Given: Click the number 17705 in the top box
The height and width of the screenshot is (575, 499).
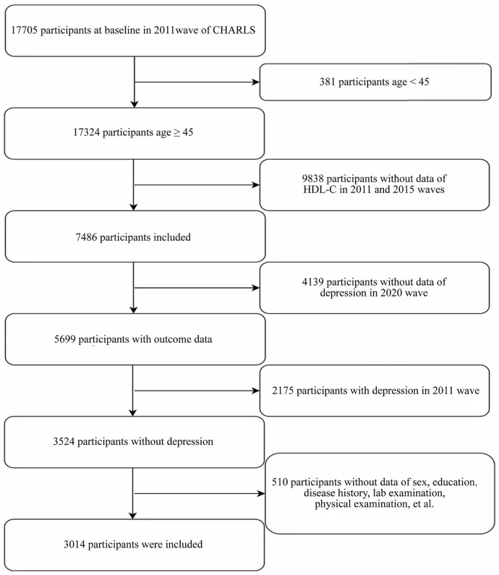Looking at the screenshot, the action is pyautogui.click(x=24, y=30).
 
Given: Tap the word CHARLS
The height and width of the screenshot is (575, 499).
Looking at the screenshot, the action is pyautogui.click(x=234, y=30).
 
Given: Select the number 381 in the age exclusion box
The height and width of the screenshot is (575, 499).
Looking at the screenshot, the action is pyautogui.click(x=327, y=82).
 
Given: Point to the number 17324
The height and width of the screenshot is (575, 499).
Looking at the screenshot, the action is pyautogui.click(x=86, y=132).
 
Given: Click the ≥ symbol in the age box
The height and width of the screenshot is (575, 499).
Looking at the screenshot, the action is pyautogui.click(x=176, y=133).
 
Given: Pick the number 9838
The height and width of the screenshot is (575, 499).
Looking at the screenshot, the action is pyautogui.click(x=312, y=179).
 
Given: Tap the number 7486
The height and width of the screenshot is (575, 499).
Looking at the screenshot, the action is pyautogui.click(x=87, y=237).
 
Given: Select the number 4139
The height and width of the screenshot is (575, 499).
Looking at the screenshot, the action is pyautogui.click(x=312, y=282).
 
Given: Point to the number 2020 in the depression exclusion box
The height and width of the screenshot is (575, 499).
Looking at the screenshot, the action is pyautogui.click(x=386, y=293).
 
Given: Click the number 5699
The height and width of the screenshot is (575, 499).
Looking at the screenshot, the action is pyautogui.click(x=65, y=339).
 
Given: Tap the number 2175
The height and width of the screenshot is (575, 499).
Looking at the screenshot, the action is pyautogui.click(x=283, y=391).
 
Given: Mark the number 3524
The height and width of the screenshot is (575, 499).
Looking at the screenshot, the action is pyautogui.click(x=64, y=441).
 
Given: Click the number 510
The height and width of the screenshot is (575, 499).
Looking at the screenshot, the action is pyautogui.click(x=280, y=482).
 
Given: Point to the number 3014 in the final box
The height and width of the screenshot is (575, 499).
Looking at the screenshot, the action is pyautogui.click(x=74, y=545).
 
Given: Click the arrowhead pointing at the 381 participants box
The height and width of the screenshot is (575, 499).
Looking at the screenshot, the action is pyautogui.click(x=256, y=82).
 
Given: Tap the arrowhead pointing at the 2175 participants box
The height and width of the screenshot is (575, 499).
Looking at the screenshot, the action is pyautogui.click(x=256, y=391).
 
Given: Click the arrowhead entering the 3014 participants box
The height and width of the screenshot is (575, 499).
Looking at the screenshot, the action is pyautogui.click(x=133, y=515).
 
